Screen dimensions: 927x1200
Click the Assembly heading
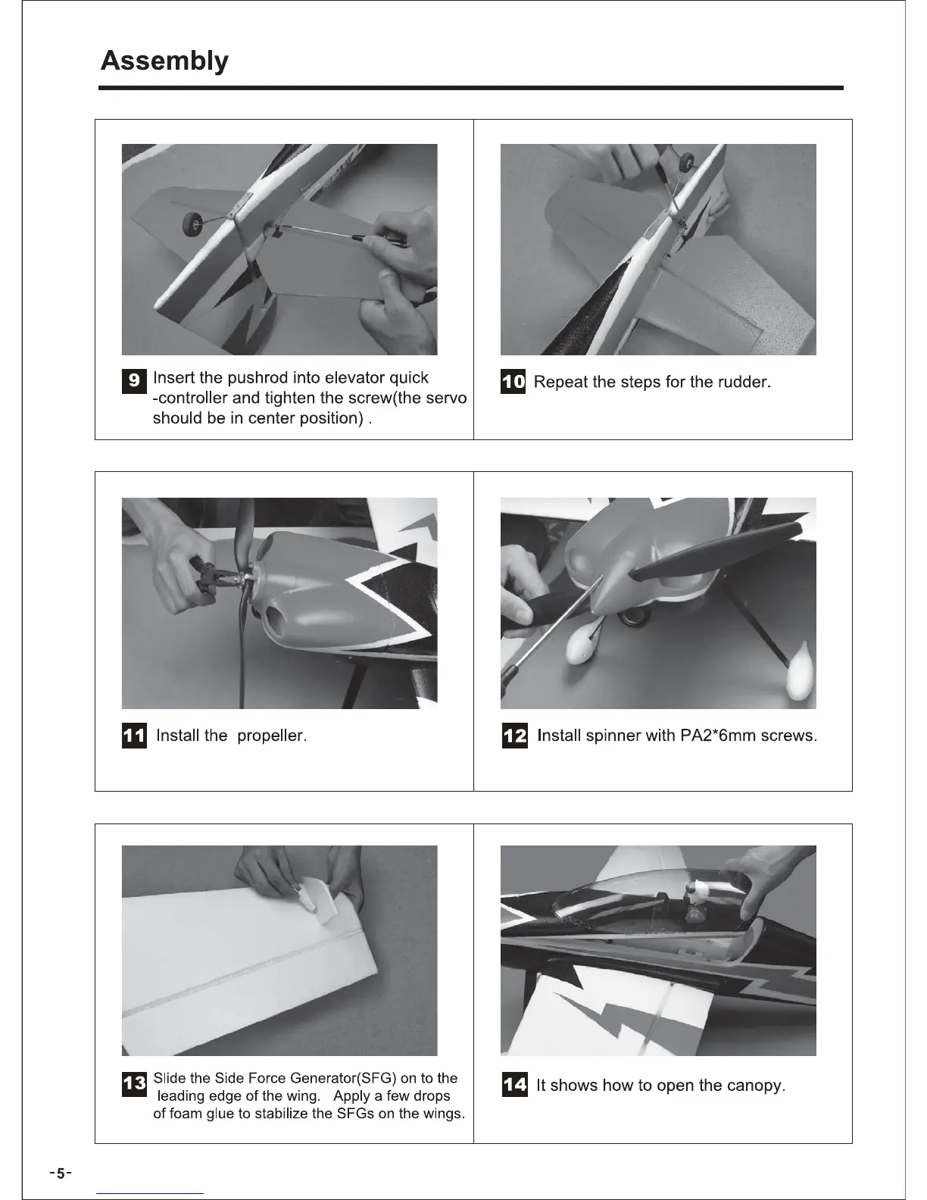click(x=164, y=61)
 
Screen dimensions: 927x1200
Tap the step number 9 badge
click(x=134, y=381)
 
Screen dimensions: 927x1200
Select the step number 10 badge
click(x=513, y=381)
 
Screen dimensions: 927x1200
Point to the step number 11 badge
click(x=134, y=735)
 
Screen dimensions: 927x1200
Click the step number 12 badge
click(x=514, y=735)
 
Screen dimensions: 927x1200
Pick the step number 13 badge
click(x=134, y=1084)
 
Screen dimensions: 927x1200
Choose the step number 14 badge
click(x=514, y=1084)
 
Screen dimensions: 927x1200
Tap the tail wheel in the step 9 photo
click(x=191, y=223)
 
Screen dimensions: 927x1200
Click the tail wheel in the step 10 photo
click(x=687, y=163)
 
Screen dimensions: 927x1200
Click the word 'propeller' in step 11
click(x=272, y=736)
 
